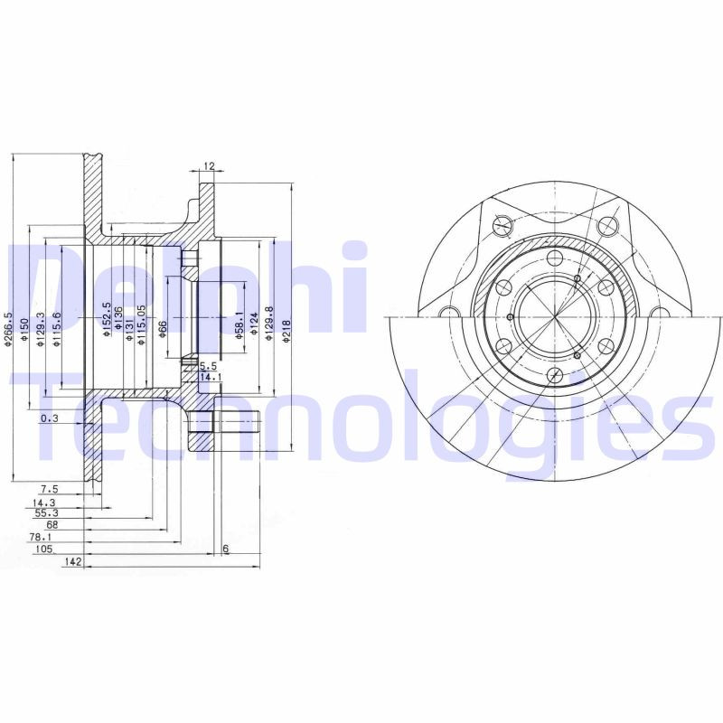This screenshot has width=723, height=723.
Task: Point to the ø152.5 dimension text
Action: (x=107, y=321)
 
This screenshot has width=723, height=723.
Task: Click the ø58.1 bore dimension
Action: (x=239, y=325)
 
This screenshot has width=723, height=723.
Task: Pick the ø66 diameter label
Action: (x=164, y=328)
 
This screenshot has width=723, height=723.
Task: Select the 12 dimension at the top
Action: (x=209, y=166)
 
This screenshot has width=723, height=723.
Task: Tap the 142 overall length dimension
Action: (x=74, y=562)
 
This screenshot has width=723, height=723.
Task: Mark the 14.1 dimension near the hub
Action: (x=210, y=376)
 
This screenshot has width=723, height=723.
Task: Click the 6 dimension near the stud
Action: (x=225, y=549)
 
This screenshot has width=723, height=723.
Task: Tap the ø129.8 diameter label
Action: (x=269, y=326)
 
